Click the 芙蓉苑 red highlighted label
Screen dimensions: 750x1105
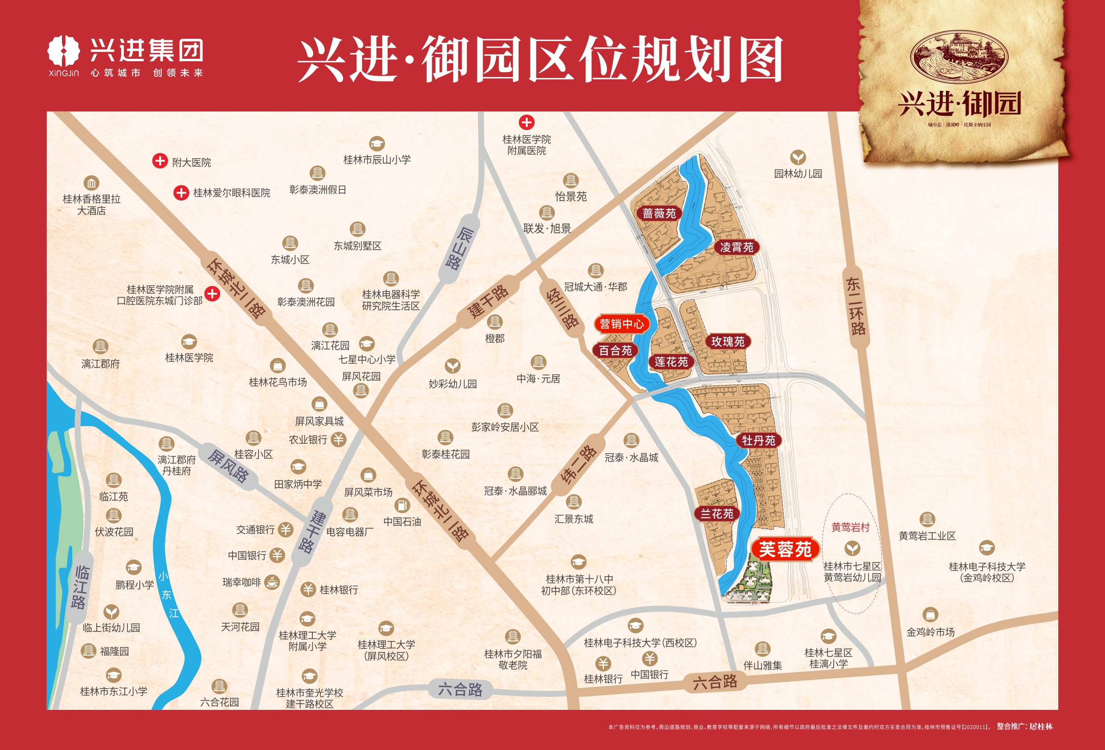[x=785, y=550]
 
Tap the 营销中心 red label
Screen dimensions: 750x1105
[x=622, y=324]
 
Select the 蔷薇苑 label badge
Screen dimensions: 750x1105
[x=659, y=213]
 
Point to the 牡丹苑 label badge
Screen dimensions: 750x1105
[x=758, y=440]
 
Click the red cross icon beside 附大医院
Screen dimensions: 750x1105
[x=160, y=161]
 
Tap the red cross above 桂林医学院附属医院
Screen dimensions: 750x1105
[x=526, y=122]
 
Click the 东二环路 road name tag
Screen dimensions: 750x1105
[x=856, y=307]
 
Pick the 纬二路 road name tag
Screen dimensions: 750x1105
[x=579, y=464]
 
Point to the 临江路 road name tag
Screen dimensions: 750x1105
[x=80, y=587]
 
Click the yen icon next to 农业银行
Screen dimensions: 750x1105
[x=339, y=439]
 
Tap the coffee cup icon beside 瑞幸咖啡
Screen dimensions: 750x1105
[x=272, y=582]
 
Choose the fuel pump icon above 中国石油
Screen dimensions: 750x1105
[x=402, y=505]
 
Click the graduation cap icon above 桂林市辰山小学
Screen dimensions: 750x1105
[x=377, y=143]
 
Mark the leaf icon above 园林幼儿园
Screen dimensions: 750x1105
[x=798, y=157]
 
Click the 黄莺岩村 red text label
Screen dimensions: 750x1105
[x=850, y=527]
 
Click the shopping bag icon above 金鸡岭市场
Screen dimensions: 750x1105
[x=930, y=615]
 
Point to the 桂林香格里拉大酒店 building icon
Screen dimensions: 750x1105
[x=91, y=183]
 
